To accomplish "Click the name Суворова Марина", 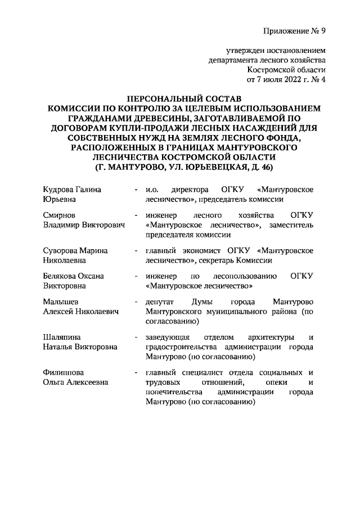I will tap(75, 250).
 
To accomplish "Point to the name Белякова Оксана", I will tap(74, 276).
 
